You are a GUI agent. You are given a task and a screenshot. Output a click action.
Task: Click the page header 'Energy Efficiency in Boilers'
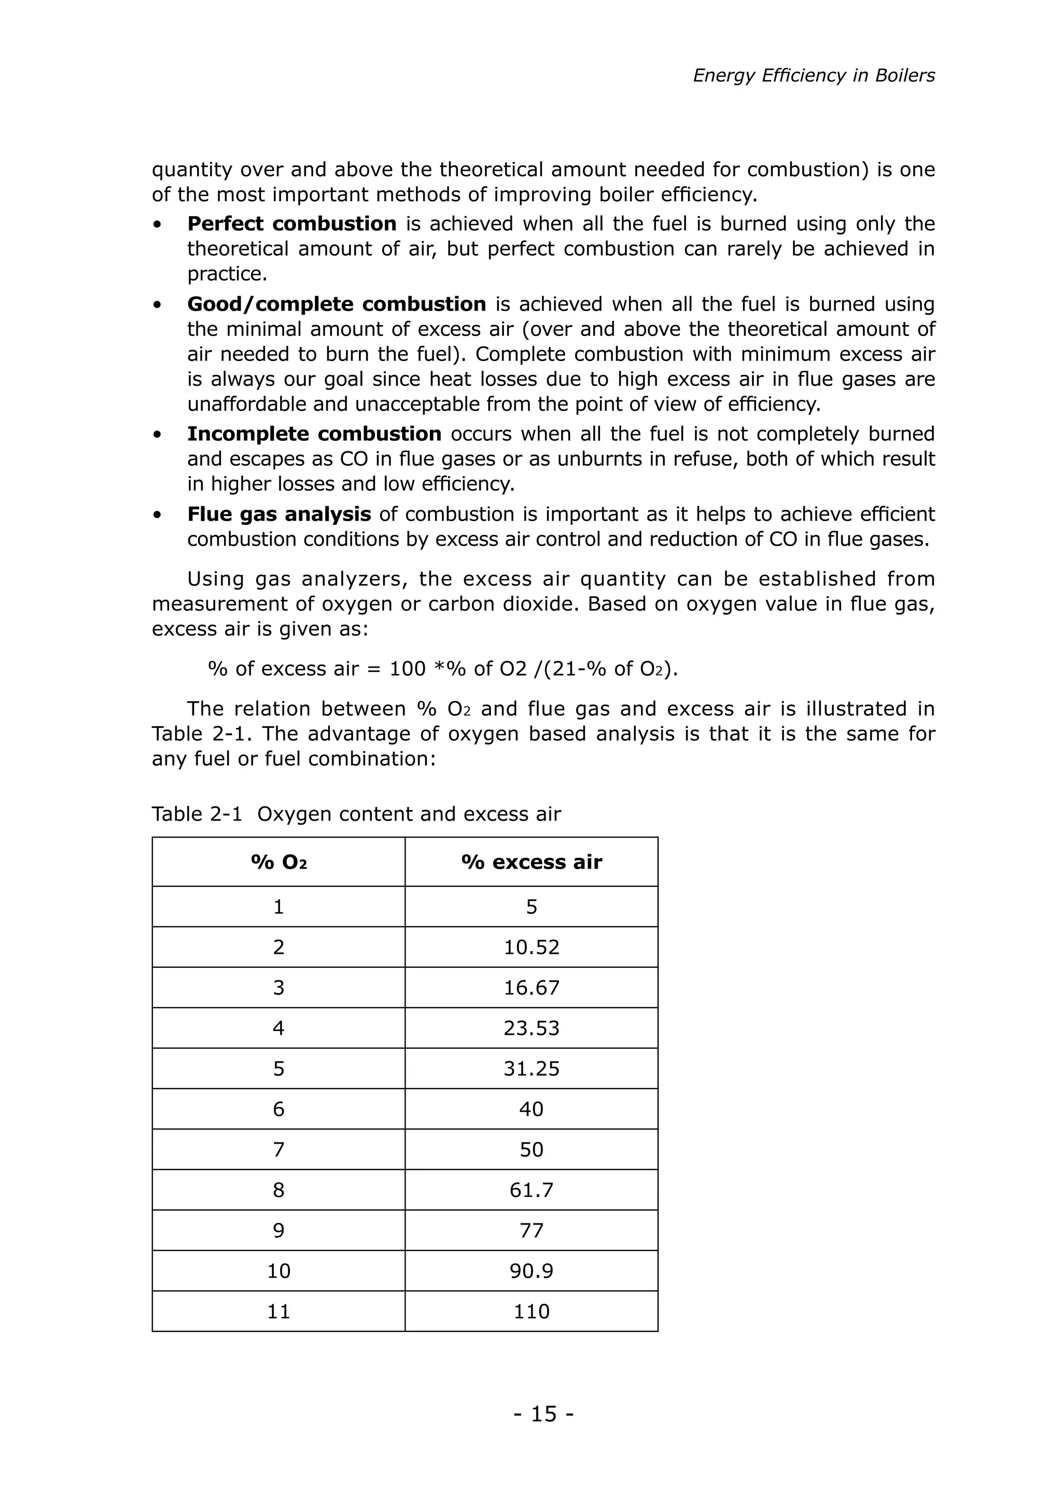pyautogui.click(x=814, y=76)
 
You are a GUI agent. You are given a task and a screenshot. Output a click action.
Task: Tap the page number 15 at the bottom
pyautogui.click(x=543, y=1414)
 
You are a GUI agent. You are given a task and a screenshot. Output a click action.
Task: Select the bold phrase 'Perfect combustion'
pyautogui.click(x=291, y=224)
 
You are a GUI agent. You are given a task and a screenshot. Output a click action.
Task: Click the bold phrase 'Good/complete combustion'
pyautogui.click(x=336, y=304)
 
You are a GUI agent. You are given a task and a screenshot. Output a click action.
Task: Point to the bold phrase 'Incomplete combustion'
pyautogui.click(x=314, y=434)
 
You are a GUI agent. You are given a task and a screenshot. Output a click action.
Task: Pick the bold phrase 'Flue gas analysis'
pyautogui.click(x=278, y=514)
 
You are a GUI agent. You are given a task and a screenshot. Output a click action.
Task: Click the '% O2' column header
pyautogui.click(x=278, y=862)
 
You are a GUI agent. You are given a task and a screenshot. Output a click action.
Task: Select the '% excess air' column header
pyautogui.click(x=531, y=862)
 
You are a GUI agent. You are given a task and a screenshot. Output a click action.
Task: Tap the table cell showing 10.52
pyautogui.click(x=531, y=947)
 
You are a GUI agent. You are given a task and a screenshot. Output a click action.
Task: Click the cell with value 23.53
pyautogui.click(x=531, y=1028)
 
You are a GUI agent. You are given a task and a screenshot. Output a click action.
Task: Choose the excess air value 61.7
pyautogui.click(x=531, y=1190)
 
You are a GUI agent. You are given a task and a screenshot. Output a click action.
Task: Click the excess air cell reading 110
pyautogui.click(x=531, y=1312)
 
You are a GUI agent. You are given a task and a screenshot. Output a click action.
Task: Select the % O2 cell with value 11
pyautogui.click(x=278, y=1312)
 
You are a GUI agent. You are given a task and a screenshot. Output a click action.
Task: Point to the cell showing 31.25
pyautogui.click(x=531, y=1069)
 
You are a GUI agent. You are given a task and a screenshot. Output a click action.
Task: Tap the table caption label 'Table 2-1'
pyautogui.click(x=196, y=814)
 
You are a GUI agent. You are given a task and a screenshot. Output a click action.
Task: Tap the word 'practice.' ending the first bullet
pyautogui.click(x=227, y=273)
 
